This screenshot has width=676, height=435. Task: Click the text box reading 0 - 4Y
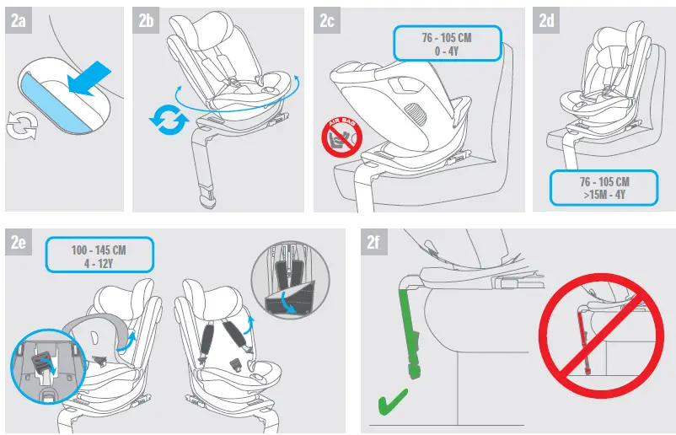[x=448, y=44]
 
